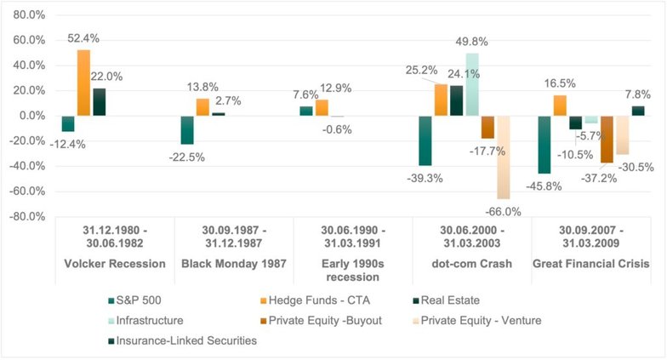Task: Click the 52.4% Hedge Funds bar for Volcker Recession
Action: [83, 83]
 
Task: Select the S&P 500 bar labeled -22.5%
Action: [187, 130]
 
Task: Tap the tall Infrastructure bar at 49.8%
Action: [472, 84]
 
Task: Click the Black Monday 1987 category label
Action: [233, 264]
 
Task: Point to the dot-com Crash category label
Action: [472, 264]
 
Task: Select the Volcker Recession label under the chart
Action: [115, 264]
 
